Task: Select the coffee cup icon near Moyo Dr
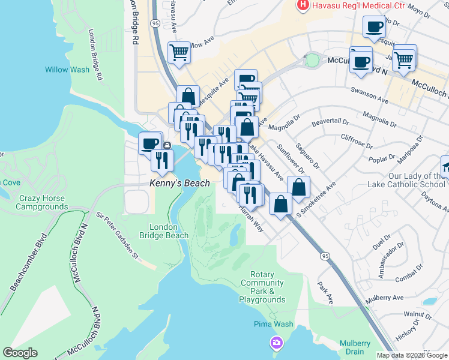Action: [x=375, y=27]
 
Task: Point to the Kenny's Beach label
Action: [x=179, y=183]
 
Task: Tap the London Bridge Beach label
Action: [x=168, y=231]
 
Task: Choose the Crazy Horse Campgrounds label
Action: [x=41, y=202]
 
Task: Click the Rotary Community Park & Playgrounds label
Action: [x=262, y=291]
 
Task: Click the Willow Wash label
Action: [x=67, y=70]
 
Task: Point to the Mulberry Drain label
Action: [x=355, y=347]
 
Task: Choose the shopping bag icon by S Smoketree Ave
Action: [x=298, y=187]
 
